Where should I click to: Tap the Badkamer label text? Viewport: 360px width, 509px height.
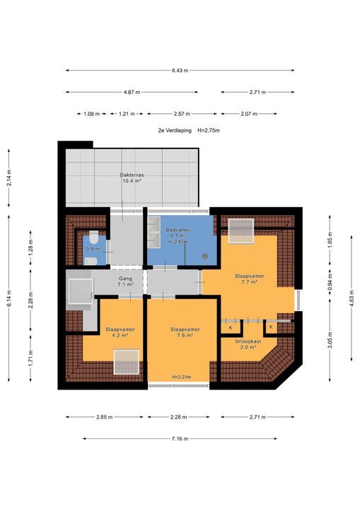tap(178, 230)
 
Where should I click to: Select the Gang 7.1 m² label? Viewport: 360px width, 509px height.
tap(126, 281)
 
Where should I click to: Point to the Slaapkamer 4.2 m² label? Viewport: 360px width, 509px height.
tap(120, 332)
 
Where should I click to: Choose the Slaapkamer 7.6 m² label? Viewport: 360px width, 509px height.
tap(185, 332)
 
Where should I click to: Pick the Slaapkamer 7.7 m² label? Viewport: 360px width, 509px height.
tap(250, 279)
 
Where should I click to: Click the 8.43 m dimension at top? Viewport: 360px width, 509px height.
tap(180, 71)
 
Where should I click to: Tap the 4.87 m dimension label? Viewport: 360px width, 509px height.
tap(132, 92)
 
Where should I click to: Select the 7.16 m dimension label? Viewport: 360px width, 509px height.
tap(180, 439)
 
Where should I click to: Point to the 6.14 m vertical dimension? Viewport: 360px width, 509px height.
tap(8, 298)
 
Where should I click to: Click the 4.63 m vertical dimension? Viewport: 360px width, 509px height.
tap(352, 298)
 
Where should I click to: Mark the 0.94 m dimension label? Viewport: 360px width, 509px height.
tap(330, 283)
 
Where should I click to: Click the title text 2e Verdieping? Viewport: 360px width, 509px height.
tap(175, 131)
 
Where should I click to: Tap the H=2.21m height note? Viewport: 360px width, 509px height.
tap(182, 377)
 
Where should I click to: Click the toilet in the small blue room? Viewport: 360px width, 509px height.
tap(94, 238)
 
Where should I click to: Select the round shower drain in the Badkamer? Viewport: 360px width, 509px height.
tap(204, 256)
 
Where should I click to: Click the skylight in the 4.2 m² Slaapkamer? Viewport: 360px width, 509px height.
tap(127, 362)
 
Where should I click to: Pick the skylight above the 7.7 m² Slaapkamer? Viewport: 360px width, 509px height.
tap(240, 230)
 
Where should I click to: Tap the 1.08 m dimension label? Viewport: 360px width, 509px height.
tap(92, 114)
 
